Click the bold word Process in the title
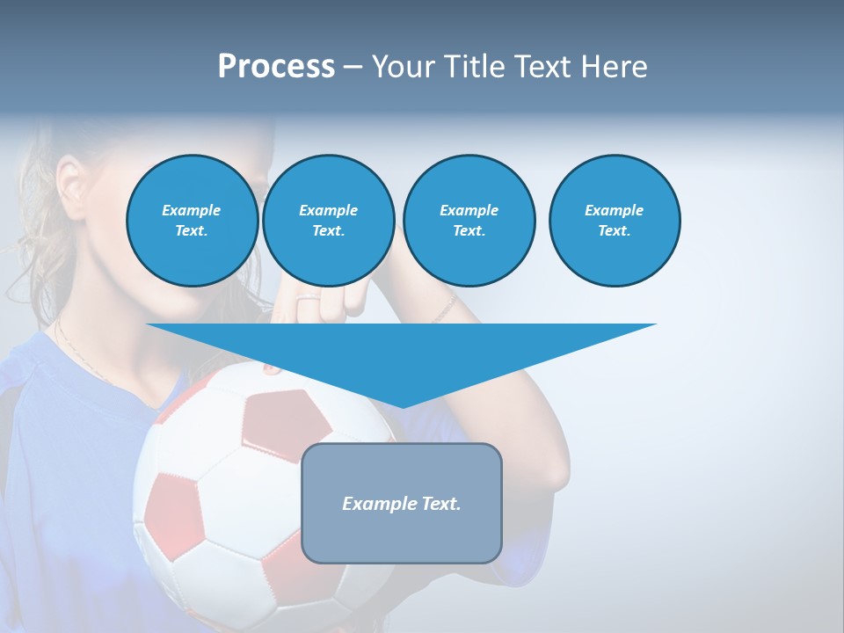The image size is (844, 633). (x=276, y=67)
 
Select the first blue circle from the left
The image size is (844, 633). (x=192, y=221)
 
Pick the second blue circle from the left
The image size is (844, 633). (x=328, y=221)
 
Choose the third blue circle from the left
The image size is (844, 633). (x=469, y=221)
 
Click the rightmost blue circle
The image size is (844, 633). (x=614, y=221)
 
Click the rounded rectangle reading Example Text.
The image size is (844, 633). (x=402, y=503)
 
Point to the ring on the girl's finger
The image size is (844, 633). (x=309, y=302)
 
